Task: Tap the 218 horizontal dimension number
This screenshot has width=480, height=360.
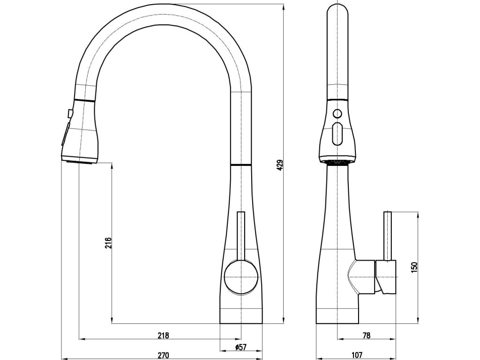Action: (163, 335)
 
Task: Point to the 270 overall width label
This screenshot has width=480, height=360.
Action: (163, 355)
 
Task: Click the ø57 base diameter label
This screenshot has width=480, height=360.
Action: (240, 347)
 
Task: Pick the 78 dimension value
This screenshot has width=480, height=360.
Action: (367, 335)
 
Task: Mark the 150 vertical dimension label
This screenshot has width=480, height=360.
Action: (413, 267)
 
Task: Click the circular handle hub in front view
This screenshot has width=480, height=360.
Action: (241, 277)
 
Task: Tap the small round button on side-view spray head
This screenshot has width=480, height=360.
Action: (337, 112)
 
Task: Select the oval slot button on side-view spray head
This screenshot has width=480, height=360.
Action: (337, 134)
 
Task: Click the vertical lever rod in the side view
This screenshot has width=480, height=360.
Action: (388, 234)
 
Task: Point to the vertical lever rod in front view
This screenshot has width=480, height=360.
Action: (241, 234)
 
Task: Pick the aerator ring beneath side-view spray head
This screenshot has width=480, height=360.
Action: (337, 161)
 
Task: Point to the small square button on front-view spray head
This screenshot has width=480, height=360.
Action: (70, 113)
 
